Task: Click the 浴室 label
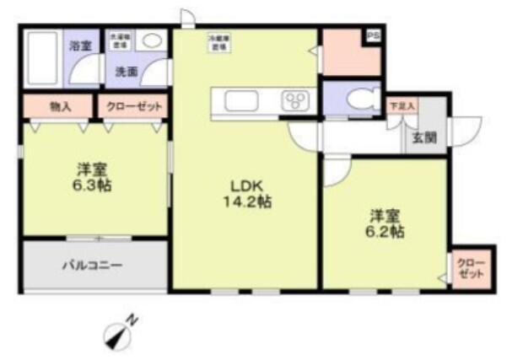click(x=79, y=46)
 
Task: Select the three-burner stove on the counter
click(x=298, y=101)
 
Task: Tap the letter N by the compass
click(x=132, y=319)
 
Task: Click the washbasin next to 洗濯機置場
click(x=153, y=40)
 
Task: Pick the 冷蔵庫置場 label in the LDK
click(x=219, y=42)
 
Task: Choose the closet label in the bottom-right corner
click(x=466, y=269)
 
